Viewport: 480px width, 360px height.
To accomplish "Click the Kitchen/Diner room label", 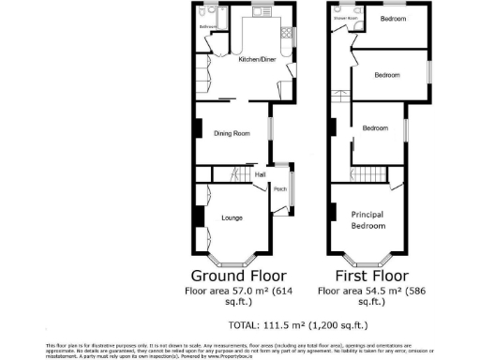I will [x=257, y=59].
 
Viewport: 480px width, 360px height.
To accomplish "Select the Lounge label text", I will [x=232, y=218].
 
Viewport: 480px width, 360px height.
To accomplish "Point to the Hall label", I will [x=260, y=174].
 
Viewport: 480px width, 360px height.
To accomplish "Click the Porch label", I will [x=279, y=190].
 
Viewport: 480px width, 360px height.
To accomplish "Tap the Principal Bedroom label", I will [x=367, y=219].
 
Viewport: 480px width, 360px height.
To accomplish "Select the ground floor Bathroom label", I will [x=207, y=27].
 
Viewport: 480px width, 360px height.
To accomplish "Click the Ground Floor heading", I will [x=232, y=277].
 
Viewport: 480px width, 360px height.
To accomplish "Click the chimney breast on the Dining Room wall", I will [x=197, y=129].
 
